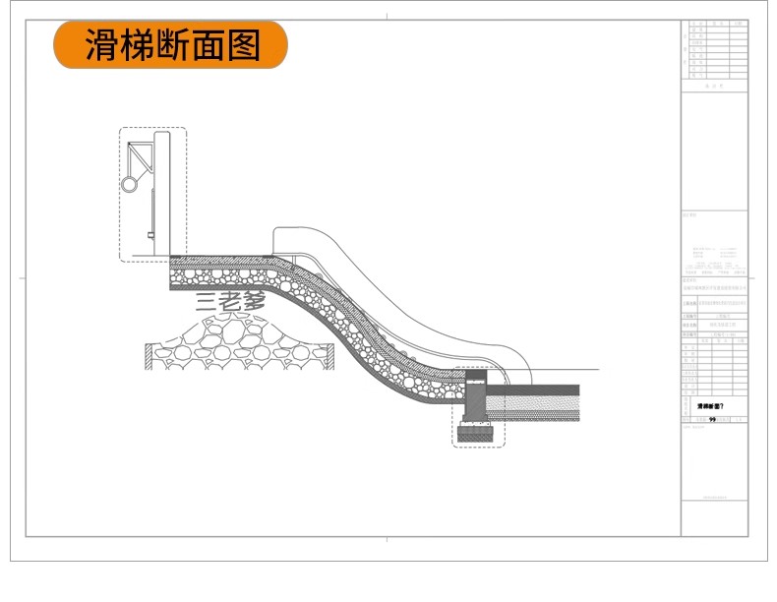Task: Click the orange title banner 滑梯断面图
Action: [170, 45]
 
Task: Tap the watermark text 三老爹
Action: [230, 302]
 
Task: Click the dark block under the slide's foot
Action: [478, 430]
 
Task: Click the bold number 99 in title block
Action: [712, 418]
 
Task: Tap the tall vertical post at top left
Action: [163, 193]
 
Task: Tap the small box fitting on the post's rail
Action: [150, 234]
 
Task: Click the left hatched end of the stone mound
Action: [149, 356]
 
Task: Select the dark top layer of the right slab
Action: [536, 389]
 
